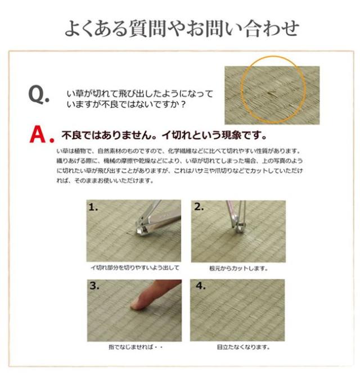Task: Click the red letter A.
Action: (37, 135)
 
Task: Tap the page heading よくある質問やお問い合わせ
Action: (181, 28)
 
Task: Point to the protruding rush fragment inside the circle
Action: (271, 93)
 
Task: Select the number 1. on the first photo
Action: (93, 207)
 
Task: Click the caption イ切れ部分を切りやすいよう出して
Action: (134, 268)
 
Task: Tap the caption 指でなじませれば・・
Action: (134, 347)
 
